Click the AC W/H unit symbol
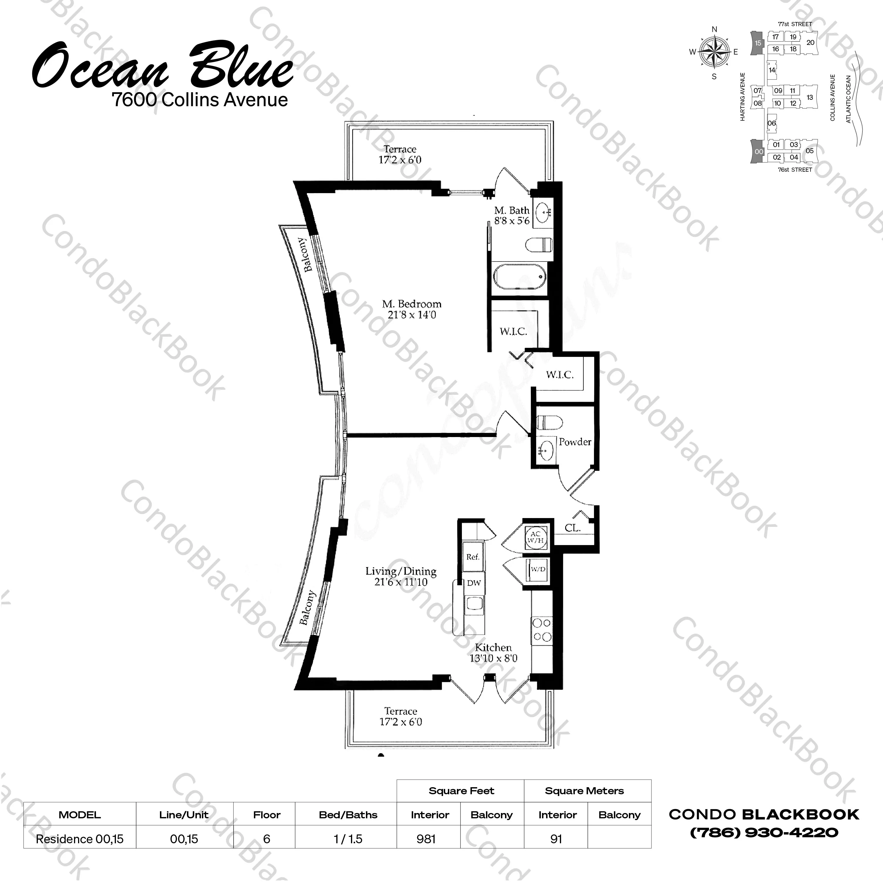(536, 537)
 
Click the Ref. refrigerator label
(472, 557)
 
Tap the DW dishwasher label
(474, 583)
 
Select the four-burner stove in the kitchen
(542, 630)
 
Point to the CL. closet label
(572, 528)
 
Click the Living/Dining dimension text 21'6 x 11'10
(401, 582)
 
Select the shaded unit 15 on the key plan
(757, 43)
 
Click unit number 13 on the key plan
(809, 97)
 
